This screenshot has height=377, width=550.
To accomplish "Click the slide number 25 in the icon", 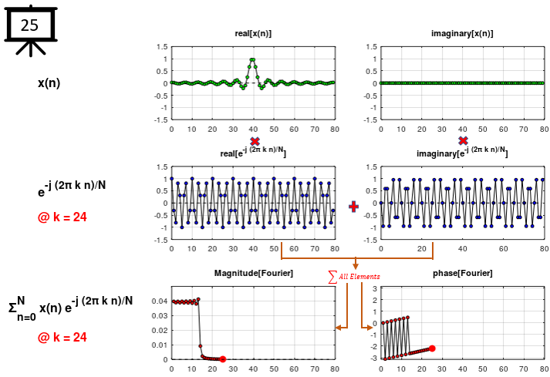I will (x=29, y=25).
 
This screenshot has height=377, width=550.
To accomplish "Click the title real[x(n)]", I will (x=253, y=34).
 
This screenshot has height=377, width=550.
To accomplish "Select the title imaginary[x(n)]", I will (x=462, y=34).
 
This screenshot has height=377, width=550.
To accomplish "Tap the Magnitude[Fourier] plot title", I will (x=253, y=274).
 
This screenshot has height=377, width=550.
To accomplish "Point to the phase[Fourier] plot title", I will (x=462, y=274).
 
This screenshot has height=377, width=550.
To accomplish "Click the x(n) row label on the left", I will (x=49, y=83).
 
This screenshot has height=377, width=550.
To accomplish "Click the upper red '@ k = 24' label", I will (x=62, y=217).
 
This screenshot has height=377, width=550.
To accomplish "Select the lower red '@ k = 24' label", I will (x=62, y=337).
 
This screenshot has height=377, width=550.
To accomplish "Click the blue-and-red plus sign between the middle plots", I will (x=354, y=206).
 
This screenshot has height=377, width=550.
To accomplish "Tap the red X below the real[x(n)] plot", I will (x=255, y=141).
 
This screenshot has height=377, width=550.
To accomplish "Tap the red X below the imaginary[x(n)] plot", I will (x=463, y=141).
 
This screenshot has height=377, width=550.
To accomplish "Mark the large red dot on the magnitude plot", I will (x=222, y=359).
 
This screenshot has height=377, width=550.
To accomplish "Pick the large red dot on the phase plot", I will (x=432, y=348).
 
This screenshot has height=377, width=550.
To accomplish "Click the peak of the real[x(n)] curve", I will (x=253, y=59).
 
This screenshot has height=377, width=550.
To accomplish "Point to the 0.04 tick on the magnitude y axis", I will (x=158, y=301).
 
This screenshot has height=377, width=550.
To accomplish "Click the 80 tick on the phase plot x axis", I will (x=544, y=369).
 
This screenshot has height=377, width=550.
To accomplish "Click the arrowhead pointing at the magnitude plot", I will (x=339, y=328).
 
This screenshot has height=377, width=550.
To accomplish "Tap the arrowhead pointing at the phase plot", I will (x=373, y=328).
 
